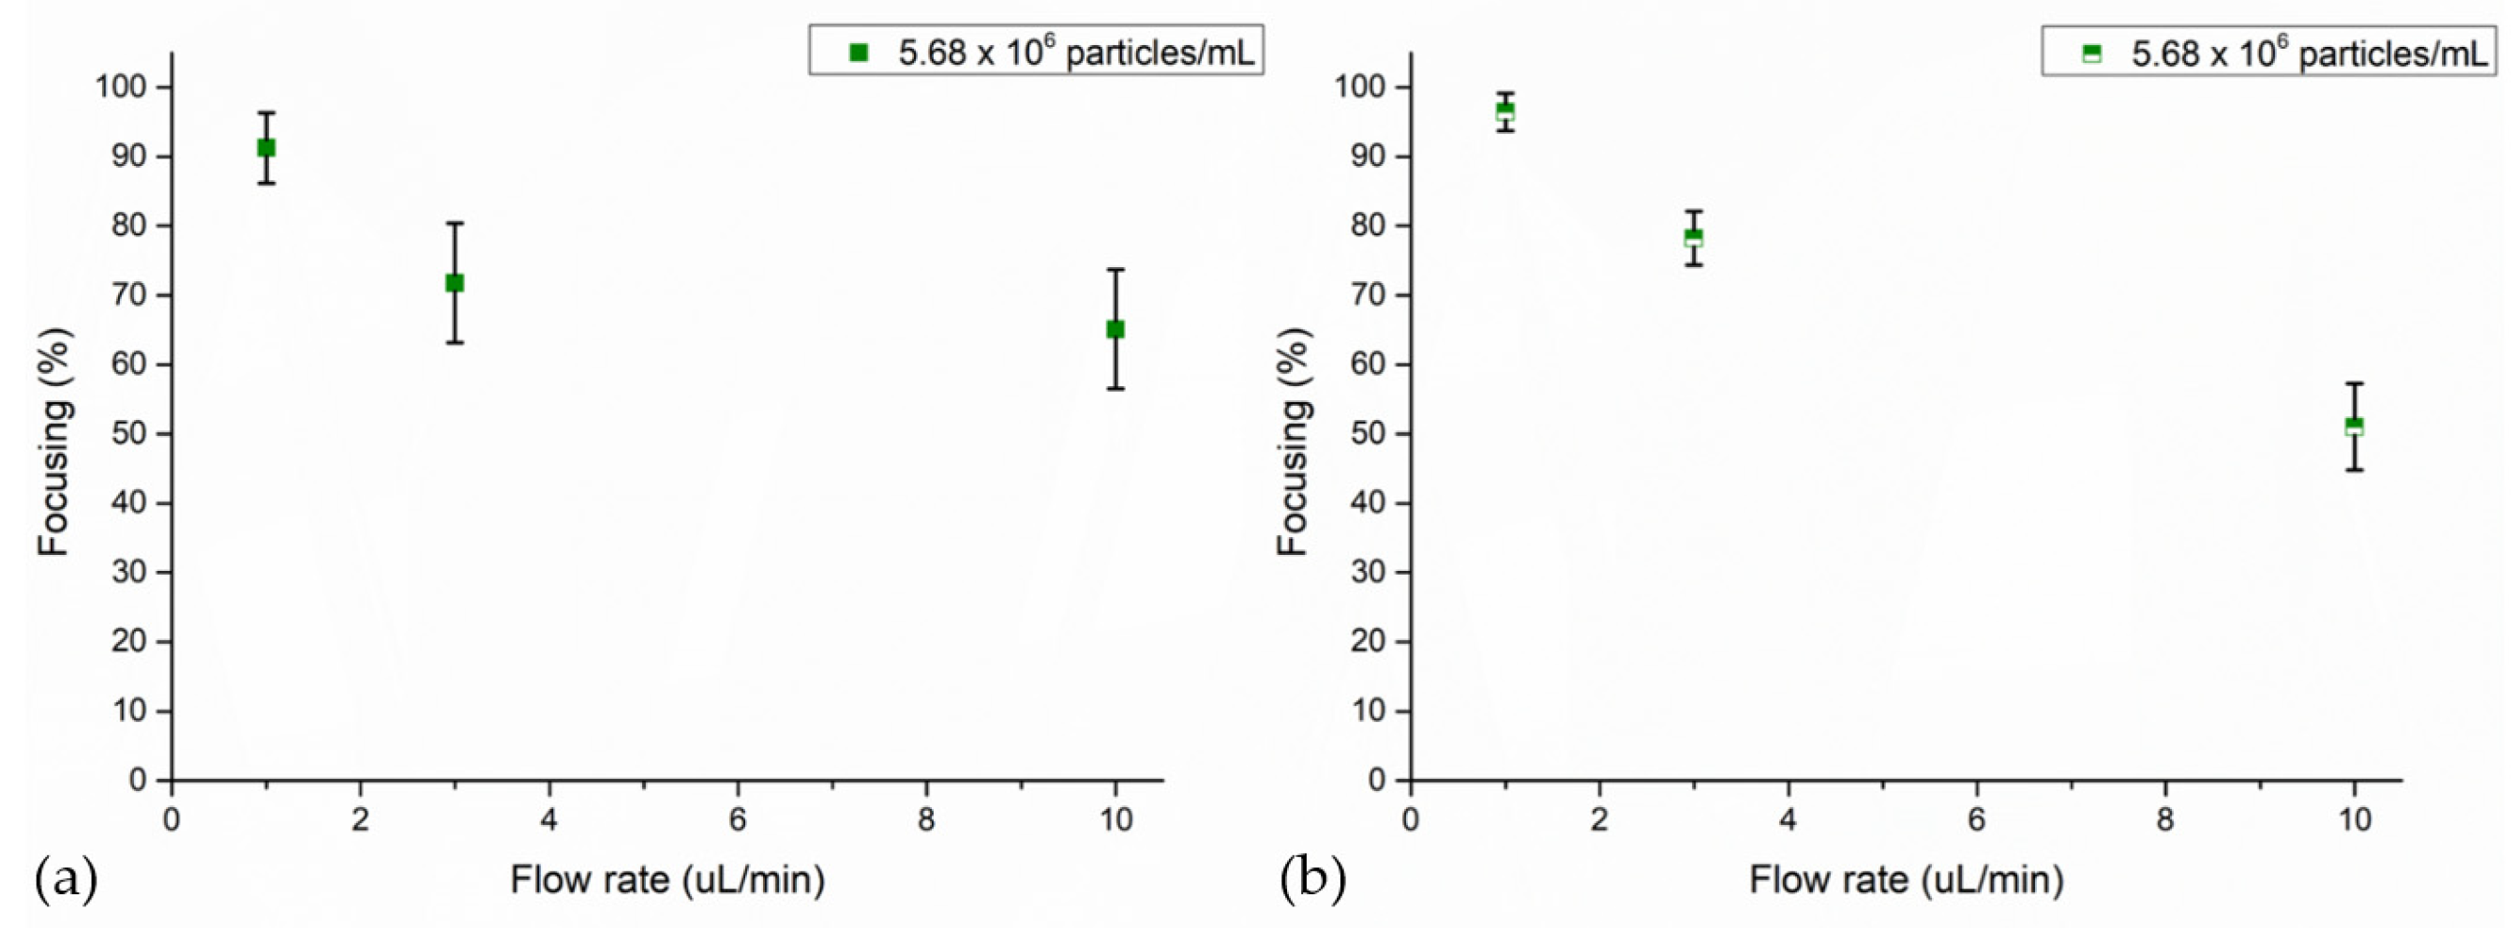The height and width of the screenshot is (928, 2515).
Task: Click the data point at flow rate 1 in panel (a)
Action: click(265, 148)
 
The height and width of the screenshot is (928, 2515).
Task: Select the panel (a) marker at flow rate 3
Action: click(455, 283)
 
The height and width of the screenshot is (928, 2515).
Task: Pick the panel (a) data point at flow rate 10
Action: click(1115, 330)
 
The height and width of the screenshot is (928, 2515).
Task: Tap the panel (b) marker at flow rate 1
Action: click(1505, 112)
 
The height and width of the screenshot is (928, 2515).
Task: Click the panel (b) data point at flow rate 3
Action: click(1694, 237)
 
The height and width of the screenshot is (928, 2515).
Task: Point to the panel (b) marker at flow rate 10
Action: click(2354, 427)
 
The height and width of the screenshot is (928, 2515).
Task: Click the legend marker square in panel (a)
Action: click(859, 52)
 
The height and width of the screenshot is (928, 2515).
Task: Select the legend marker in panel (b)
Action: click(2091, 52)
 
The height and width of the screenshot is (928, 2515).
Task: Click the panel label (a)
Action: click(67, 879)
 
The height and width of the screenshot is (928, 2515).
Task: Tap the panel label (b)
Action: click(1312, 879)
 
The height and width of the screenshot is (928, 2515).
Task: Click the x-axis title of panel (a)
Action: click(667, 880)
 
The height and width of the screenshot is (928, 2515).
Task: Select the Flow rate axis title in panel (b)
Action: click(1907, 880)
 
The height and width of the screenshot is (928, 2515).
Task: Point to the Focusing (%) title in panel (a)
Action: click(54, 442)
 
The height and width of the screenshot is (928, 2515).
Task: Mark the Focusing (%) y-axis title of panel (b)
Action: click(1293, 442)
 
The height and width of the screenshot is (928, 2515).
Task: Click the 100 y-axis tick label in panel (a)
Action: click(120, 87)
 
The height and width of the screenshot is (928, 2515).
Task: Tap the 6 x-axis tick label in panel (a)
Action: click(737, 819)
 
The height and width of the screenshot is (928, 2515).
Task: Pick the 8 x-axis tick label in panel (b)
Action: click(2165, 819)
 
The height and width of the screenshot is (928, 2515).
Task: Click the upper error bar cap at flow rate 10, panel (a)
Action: click(1115, 269)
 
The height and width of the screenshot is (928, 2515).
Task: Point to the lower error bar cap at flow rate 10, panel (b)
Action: click(2354, 471)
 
